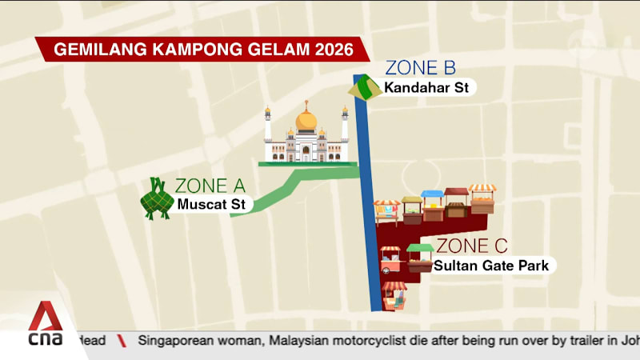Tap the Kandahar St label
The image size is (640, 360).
coord(426,88)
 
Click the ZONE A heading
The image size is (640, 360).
coord(210,187)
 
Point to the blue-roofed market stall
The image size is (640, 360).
coord(433,205)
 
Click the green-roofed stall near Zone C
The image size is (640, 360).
coord(419,256)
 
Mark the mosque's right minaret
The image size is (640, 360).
coord(345,126)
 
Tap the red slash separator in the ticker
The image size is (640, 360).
coord(122,341)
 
